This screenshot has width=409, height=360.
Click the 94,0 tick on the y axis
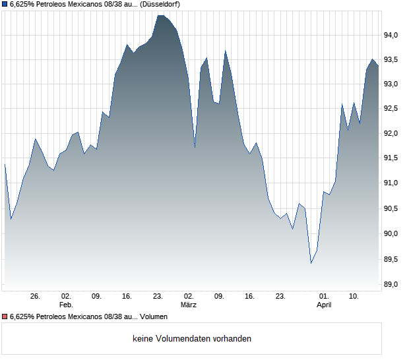[393, 35]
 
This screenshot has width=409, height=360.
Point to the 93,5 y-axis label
[393, 60]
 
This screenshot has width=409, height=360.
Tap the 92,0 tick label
[393, 134]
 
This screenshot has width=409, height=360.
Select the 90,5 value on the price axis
[393, 209]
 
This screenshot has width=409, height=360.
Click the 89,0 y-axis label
[393, 284]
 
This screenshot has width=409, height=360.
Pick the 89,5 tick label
[393, 259]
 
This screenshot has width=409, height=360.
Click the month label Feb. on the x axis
[65, 305]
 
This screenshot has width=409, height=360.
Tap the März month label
[189, 305]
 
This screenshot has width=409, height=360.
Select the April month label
[324, 305]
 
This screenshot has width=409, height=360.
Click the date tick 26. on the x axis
[35, 296]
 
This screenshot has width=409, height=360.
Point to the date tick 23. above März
[158, 296]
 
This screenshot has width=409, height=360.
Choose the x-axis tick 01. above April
[324, 296]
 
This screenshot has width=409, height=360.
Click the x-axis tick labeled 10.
[354, 296]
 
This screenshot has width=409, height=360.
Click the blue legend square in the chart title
[5, 4]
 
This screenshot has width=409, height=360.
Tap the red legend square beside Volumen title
[5, 316]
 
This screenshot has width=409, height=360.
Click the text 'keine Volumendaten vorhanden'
[192, 338]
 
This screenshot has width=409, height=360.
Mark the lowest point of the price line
[311, 264]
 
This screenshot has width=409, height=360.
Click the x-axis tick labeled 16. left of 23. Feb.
[127, 296]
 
